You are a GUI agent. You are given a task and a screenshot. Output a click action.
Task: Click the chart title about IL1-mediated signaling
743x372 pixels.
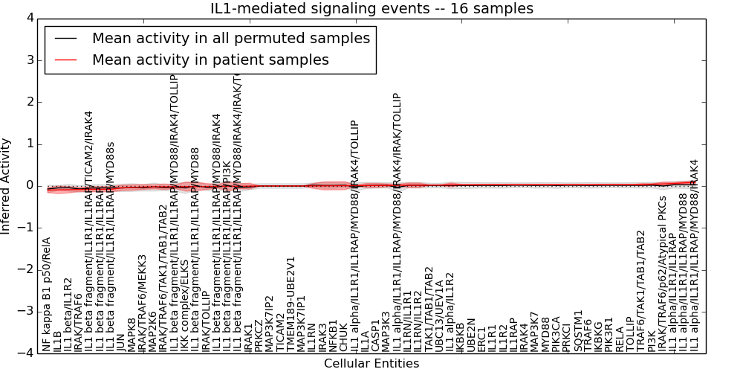371,8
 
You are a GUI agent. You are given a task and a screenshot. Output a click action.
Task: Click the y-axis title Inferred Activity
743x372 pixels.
7,185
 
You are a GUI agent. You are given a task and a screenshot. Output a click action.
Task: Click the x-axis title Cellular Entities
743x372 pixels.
371,364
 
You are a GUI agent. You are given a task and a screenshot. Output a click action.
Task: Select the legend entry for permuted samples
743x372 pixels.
230,39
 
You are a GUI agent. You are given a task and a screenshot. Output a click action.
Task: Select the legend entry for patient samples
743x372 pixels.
210,60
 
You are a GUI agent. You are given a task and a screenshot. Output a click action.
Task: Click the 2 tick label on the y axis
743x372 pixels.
30,102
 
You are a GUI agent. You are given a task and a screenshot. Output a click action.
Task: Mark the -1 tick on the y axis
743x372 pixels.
27,228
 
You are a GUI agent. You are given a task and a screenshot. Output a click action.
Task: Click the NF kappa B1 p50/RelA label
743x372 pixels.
47,295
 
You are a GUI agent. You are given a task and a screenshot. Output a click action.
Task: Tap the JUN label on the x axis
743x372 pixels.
121,338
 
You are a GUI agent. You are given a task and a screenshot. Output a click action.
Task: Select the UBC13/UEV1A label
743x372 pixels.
439,315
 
